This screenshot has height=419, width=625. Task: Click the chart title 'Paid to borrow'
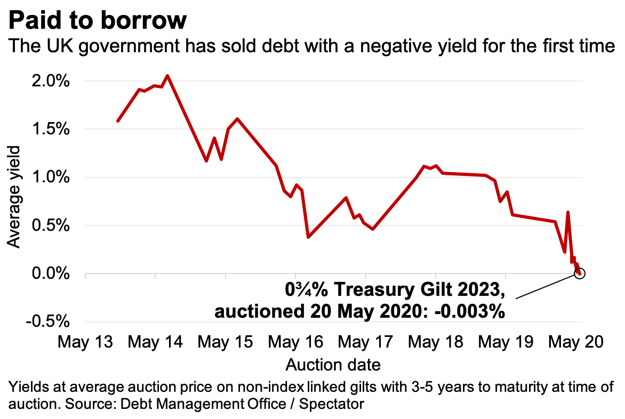97,21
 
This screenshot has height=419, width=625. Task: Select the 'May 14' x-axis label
156,342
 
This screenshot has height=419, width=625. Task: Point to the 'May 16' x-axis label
295,342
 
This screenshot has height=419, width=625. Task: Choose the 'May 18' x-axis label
436,342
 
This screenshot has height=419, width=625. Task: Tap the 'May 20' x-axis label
576,342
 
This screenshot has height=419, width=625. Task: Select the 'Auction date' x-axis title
333,365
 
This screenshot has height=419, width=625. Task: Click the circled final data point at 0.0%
580,273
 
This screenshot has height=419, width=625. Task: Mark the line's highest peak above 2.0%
167,76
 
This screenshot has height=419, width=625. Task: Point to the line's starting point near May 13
118,121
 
